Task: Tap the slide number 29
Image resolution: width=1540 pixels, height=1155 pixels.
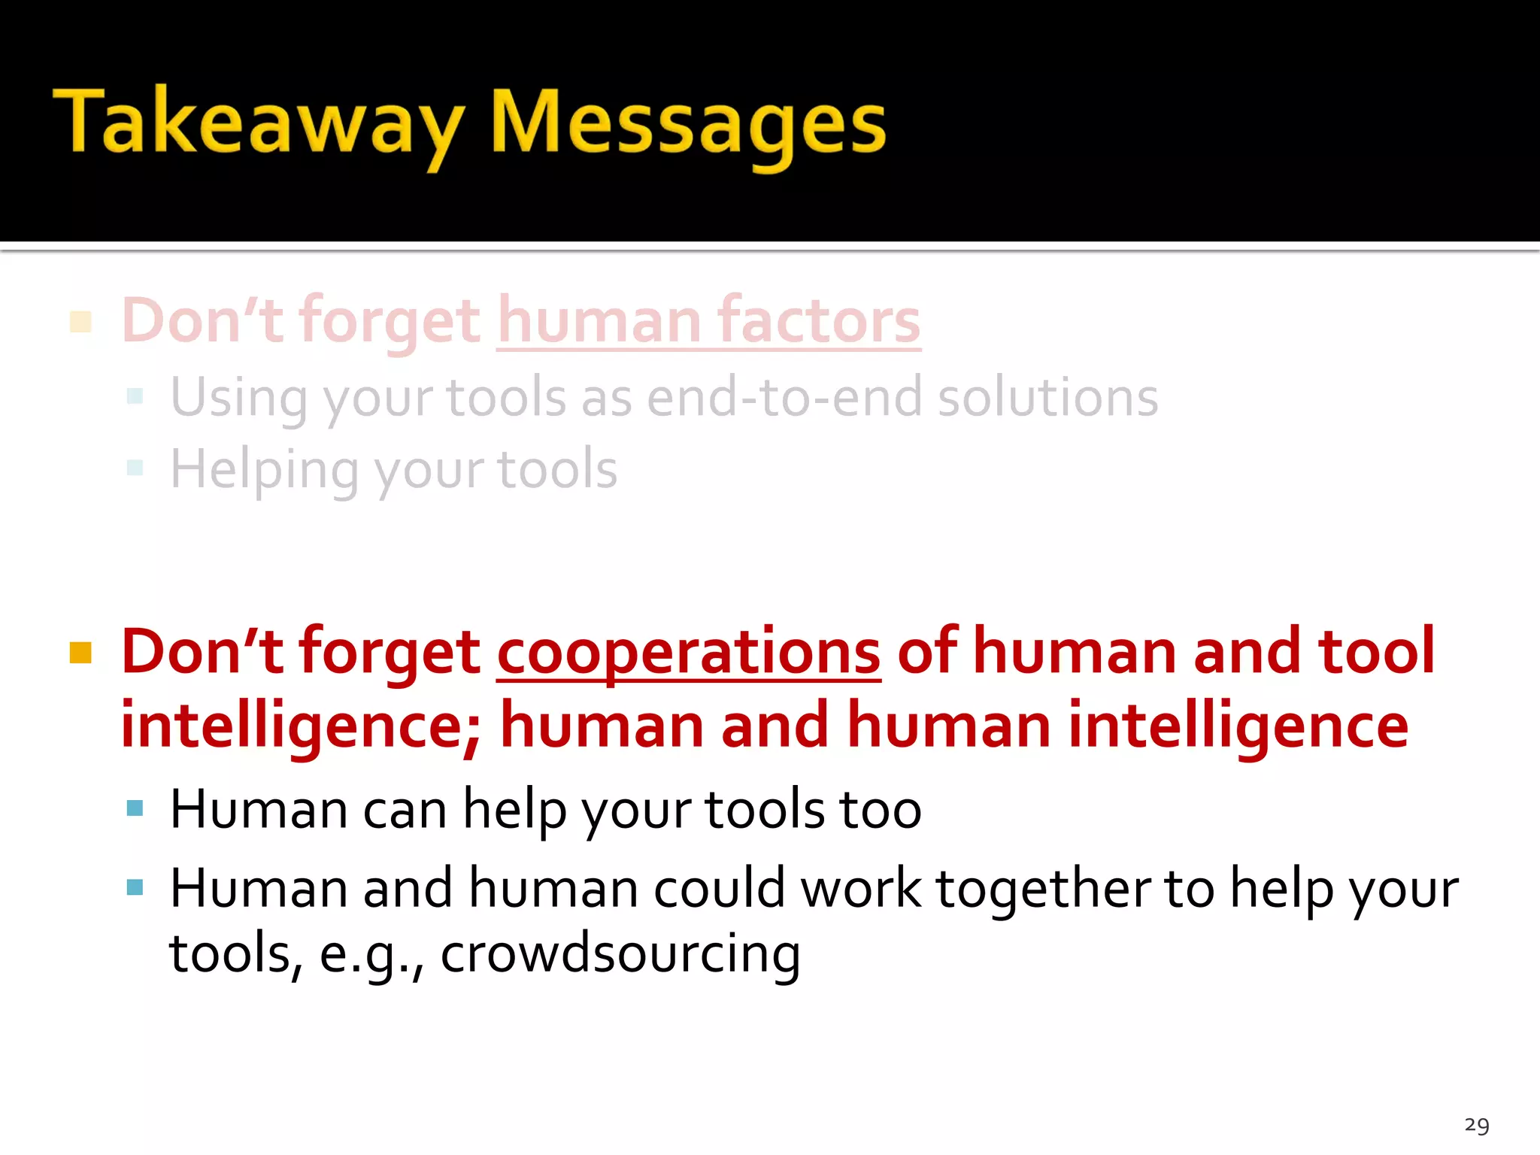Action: pos(1477,1125)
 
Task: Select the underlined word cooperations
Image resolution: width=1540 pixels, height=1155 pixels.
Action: pos(688,651)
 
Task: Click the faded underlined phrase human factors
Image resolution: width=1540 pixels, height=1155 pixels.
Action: pos(708,321)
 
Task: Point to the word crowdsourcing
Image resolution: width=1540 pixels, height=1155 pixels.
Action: pos(620,953)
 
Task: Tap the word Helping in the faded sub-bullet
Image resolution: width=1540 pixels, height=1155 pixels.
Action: pos(264,470)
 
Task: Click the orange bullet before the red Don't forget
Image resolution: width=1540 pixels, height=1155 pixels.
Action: pos(80,653)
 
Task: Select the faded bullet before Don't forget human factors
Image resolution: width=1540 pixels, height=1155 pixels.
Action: pos(80,322)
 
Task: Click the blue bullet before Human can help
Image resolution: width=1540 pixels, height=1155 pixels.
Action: pos(135,808)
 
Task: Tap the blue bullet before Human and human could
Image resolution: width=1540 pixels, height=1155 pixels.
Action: pos(135,887)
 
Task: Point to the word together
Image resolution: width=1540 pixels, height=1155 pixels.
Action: pos(1043,889)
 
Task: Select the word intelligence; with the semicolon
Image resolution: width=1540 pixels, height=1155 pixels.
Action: pos(300,726)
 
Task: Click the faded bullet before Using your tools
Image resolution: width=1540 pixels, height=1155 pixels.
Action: pos(135,396)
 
